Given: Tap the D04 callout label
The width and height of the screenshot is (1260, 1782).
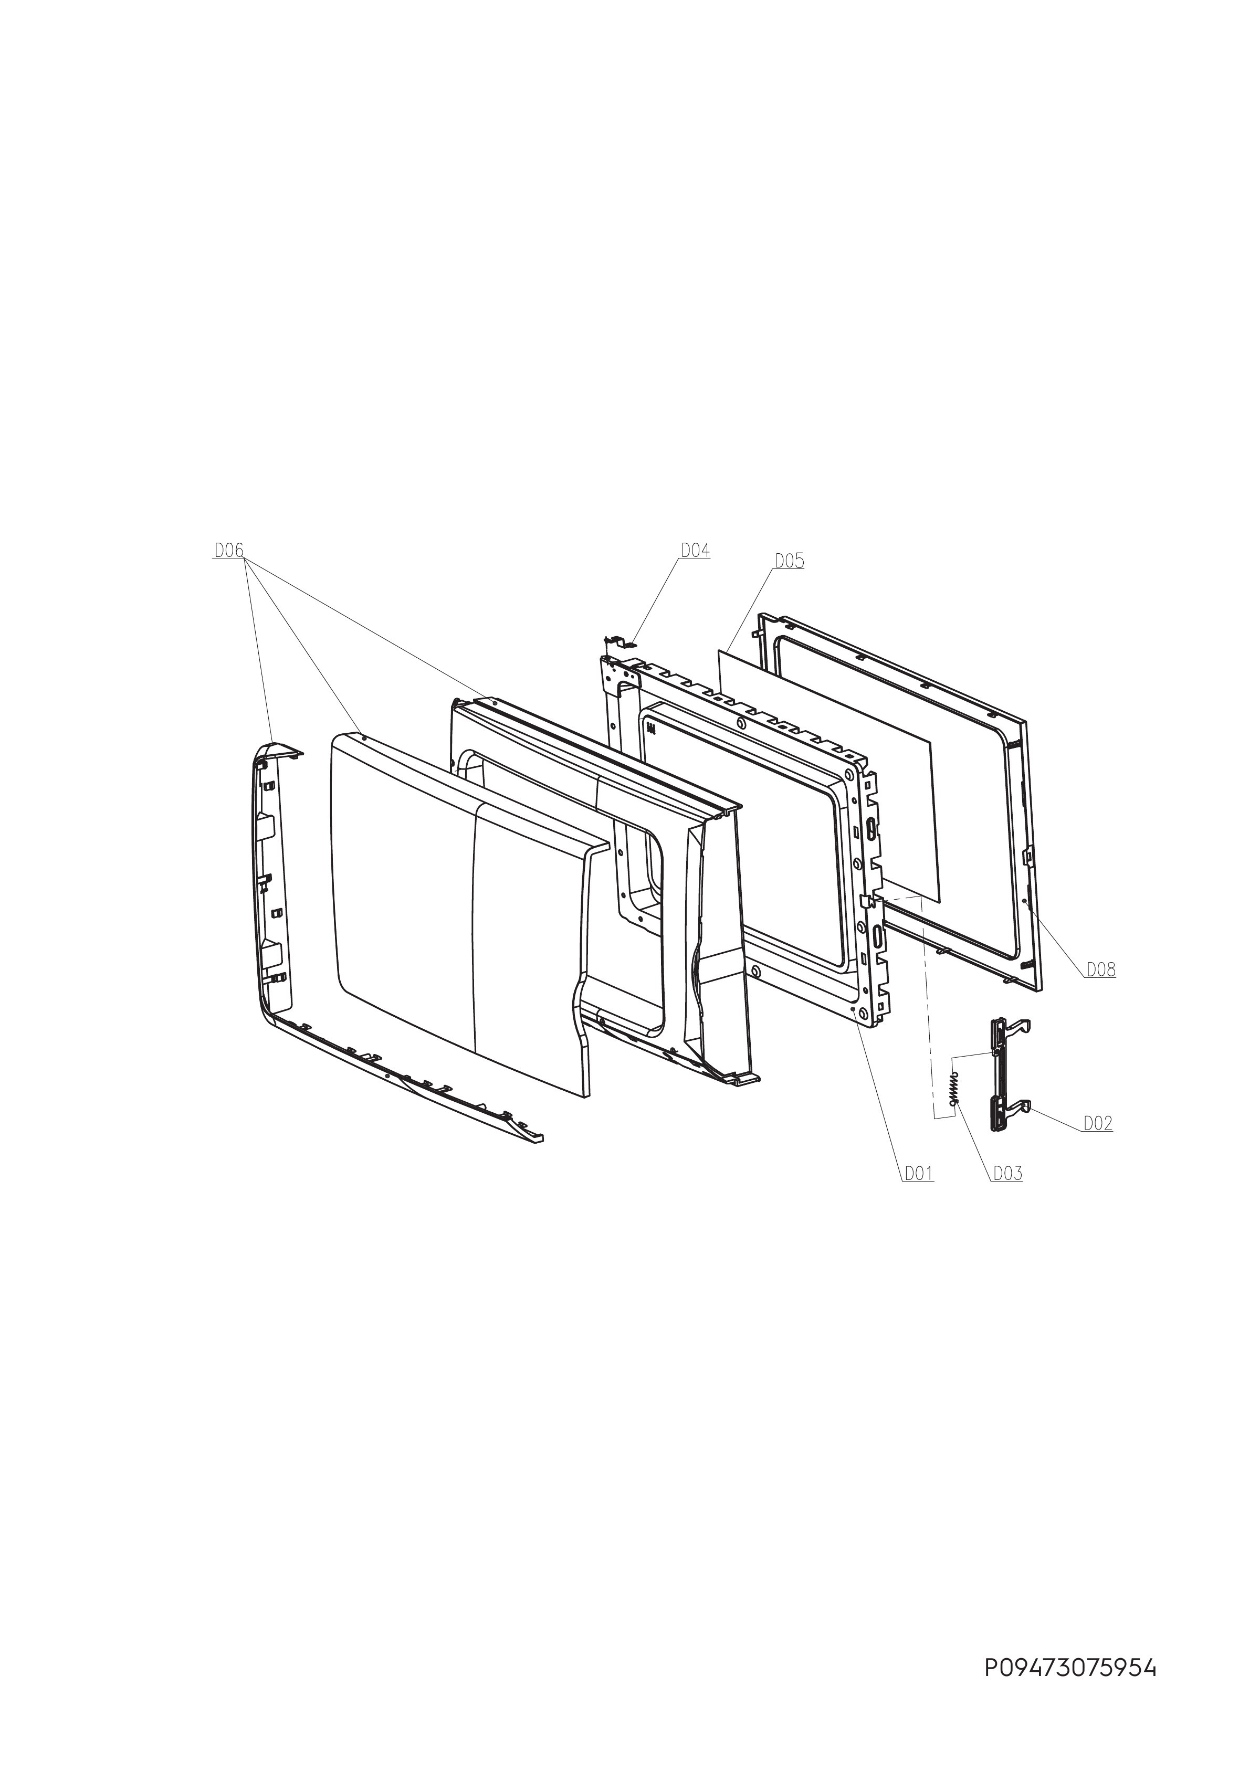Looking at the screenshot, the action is [x=696, y=550].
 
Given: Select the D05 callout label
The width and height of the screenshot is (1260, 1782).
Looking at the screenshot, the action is [x=789, y=561].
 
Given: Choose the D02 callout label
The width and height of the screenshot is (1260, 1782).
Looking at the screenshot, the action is [x=1098, y=1123].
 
